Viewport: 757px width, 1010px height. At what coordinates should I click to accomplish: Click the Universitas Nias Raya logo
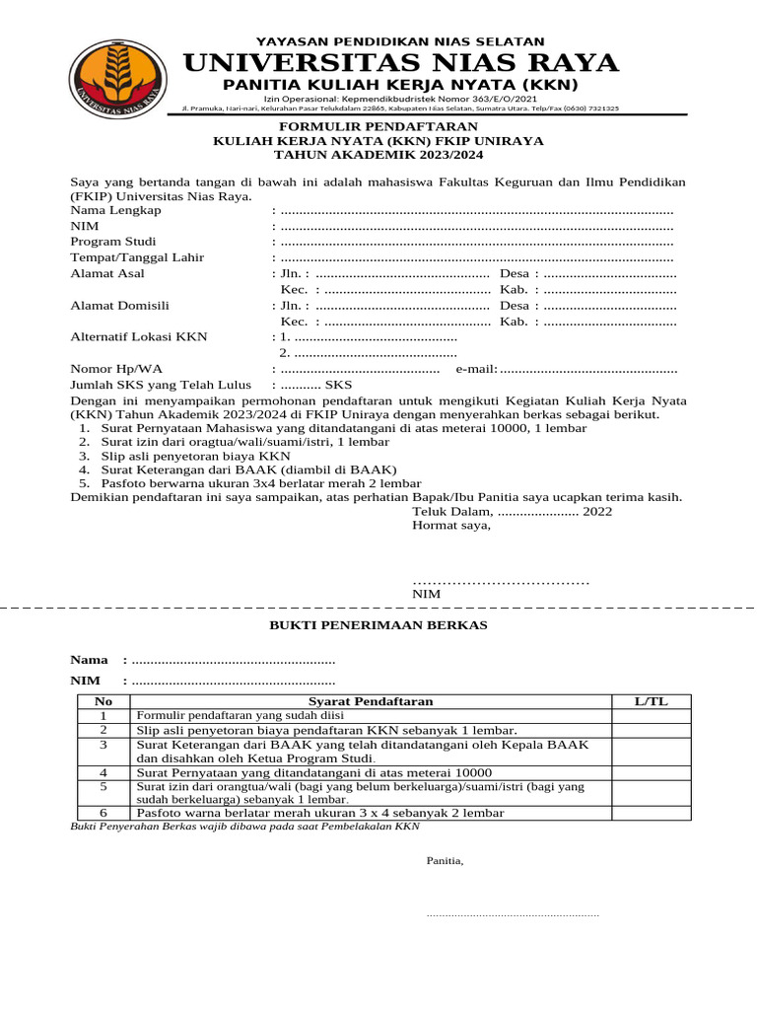117,76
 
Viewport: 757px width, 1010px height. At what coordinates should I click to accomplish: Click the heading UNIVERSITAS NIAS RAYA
400,64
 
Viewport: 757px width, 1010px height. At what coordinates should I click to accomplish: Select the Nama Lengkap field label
115,210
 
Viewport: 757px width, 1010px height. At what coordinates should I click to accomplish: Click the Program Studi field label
112,242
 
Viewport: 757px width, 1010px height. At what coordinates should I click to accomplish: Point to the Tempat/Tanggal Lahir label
137,257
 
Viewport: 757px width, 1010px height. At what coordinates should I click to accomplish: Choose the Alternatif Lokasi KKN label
138,336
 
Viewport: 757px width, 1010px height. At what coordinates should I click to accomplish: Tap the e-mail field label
476,369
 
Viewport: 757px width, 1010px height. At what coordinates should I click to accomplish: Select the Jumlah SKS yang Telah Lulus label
160,385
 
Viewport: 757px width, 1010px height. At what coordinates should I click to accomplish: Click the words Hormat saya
450,525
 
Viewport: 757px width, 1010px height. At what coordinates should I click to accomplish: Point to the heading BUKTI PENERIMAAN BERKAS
378,625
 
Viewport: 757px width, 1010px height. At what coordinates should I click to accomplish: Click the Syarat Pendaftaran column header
371,701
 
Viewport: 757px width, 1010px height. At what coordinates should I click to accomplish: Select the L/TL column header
651,701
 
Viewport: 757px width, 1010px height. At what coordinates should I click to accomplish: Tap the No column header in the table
103,701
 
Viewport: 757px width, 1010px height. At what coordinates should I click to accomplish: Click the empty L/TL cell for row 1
651,715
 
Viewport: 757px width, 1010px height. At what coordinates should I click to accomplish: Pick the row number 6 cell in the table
103,813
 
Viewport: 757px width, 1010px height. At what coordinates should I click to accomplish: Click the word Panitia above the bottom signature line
445,861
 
